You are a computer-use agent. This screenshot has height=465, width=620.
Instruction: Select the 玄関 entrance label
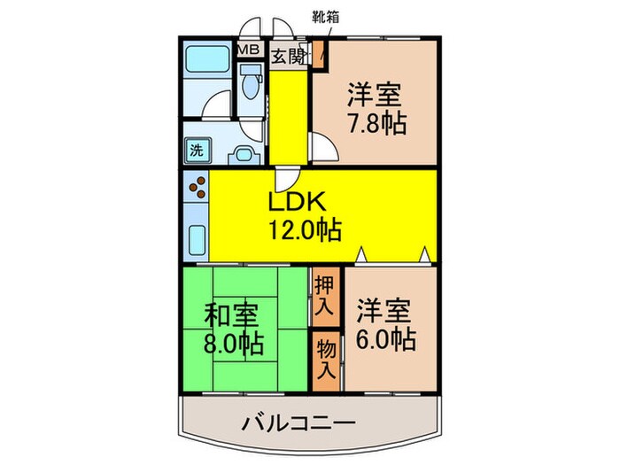pyautogui.click(x=287, y=57)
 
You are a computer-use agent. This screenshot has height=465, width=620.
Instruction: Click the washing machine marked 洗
pyautogui.click(x=197, y=149)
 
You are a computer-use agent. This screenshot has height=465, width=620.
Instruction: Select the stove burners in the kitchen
pyautogui.click(x=196, y=190)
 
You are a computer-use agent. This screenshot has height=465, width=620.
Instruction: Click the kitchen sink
pyautogui.click(x=197, y=238)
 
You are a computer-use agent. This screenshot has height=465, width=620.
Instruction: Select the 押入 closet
pyautogui.click(x=324, y=298)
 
